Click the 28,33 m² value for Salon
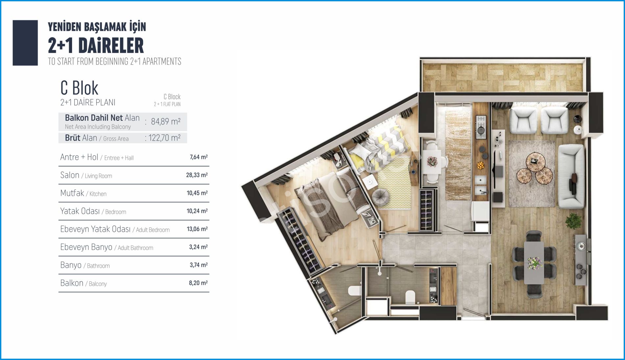pyautogui.click(x=197, y=175)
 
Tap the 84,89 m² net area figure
pyautogui.click(x=165, y=121)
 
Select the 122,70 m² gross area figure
pyautogui.click(x=164, y=138)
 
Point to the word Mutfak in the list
pyautogui.click(x=72, y=193)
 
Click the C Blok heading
pyautogui.click(x=79, y=88)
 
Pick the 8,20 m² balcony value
pyautogui.click(x=198, y=283)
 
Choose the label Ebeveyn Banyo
pyautogui.click(x=86, y=247)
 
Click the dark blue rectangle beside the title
pyautogui.click(x=25, y=43)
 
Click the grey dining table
pyautogui.click(x=534, y=263)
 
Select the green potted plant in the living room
pyautogui.click(x=573, y=221)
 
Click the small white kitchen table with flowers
pyautogui.click(x=432, y=162)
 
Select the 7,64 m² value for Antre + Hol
pyautogui.click(x=198, y=157)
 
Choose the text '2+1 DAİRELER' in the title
pyautogui.click(x=96, y=46)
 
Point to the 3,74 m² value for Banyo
pyautogui.click(x=198, y=265)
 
